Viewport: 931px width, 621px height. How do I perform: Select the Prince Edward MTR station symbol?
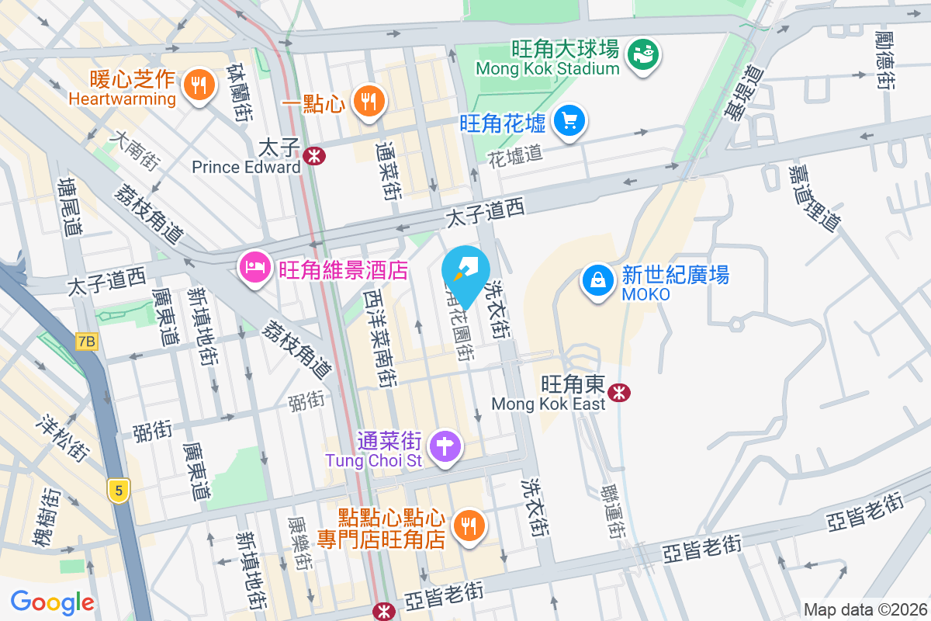pyautogui.click(x=314, y=155)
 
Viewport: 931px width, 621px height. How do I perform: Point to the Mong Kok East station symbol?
pyautogui.click(x=618, y=392)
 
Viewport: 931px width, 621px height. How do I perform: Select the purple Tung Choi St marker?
pyautogui.click(x=445, y=447)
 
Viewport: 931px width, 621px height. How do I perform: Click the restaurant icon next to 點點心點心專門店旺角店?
pyautogui.click(x=469, y=526)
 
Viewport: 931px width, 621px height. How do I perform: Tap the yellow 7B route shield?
pyautogui.click(x=87, y=341)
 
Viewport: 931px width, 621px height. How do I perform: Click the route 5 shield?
pyautogui.click(x=118, y=491)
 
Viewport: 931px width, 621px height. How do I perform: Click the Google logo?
pyautogui.click(x=52, y=602)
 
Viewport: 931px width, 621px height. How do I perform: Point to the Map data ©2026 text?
pyautogui.click(x=865, y=609)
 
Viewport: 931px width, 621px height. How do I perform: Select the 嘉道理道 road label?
pyautogui.click(x=814, y=197)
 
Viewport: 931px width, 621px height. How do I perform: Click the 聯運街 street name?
pyautogui.click(x=613, y=512)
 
